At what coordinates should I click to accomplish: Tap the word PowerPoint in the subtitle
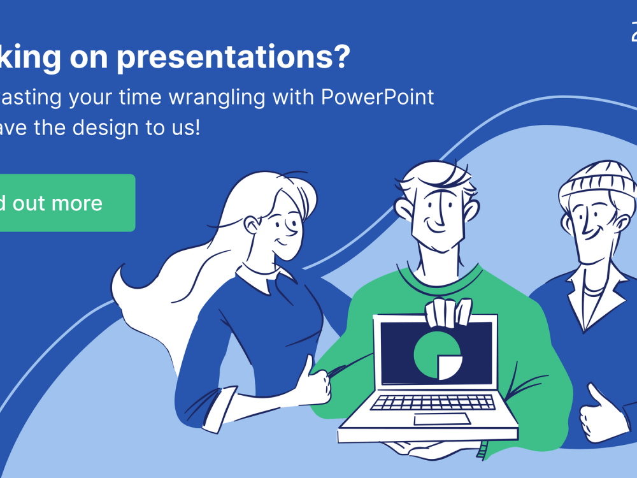click(x=377, y=98)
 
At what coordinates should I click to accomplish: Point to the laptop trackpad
click(x=442, y=419)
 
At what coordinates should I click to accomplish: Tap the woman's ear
click(x=254, y=224)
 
